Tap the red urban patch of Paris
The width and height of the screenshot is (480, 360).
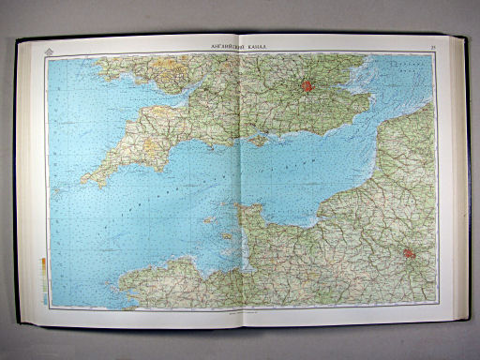point(410,252)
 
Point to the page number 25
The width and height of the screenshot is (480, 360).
point(432,45)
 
